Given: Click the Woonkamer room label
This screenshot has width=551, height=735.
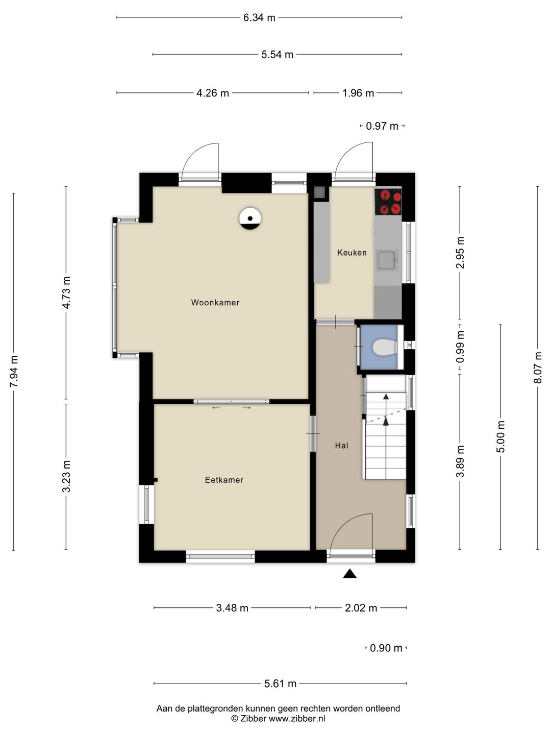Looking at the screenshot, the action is point(215,302).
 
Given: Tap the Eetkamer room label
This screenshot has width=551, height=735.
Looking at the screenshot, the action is point(224,480).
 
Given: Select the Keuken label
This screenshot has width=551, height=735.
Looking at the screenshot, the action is point(352,253).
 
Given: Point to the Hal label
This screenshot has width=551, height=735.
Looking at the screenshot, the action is point(342,446).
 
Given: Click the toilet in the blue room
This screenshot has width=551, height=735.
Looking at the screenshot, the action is point(385,347).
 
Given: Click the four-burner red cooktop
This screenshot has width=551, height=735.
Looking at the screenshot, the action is point(388,202).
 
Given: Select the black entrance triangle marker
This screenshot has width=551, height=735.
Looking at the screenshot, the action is point(349,574).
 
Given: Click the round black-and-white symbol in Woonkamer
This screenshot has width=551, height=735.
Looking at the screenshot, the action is point(250,218).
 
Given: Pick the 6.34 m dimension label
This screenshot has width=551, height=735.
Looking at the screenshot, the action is point(259,17).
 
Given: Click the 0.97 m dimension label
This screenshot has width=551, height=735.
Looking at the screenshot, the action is point(382,126).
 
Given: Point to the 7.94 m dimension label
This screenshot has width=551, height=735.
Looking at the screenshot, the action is point(14,372).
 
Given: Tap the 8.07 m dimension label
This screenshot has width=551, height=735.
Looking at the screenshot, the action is point(538,367).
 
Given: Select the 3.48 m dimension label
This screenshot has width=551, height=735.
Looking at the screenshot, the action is point(232,608).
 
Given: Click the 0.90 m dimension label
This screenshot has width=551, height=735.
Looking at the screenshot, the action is point(386,648).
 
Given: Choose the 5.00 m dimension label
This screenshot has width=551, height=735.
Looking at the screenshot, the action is point(500,436).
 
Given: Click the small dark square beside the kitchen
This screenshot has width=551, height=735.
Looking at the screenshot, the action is point(319,192).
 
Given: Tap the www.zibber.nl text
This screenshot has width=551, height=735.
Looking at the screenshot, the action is point(297,718).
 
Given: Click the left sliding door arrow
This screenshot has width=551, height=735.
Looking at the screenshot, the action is point(216,408).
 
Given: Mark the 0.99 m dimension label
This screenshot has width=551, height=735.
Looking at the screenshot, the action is point(460,347).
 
